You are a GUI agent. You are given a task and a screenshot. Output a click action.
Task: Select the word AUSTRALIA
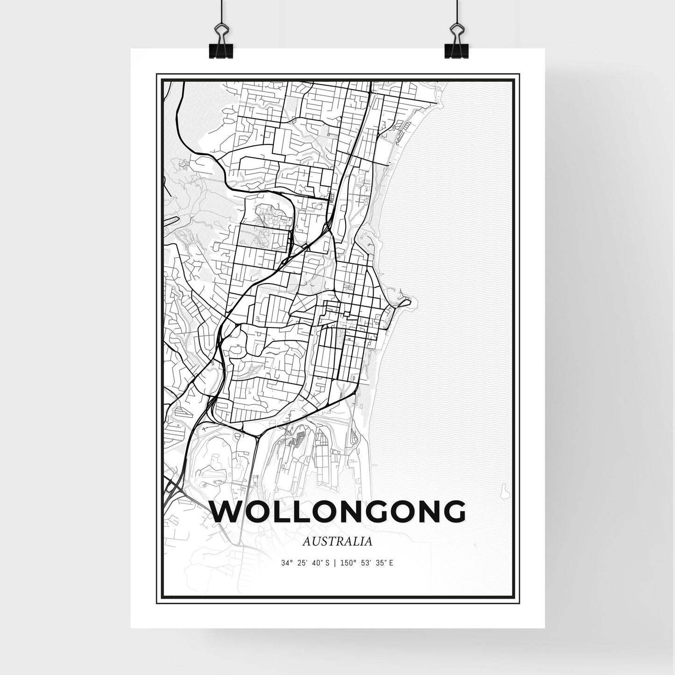point(337,542)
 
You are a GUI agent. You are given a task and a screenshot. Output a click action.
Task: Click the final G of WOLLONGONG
point(452,512)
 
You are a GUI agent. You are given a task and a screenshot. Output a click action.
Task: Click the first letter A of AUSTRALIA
point(306,542)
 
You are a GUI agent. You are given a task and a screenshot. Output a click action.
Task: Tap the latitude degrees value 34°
point(286,563)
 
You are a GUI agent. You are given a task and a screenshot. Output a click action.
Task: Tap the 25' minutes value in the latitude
point(301,563)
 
